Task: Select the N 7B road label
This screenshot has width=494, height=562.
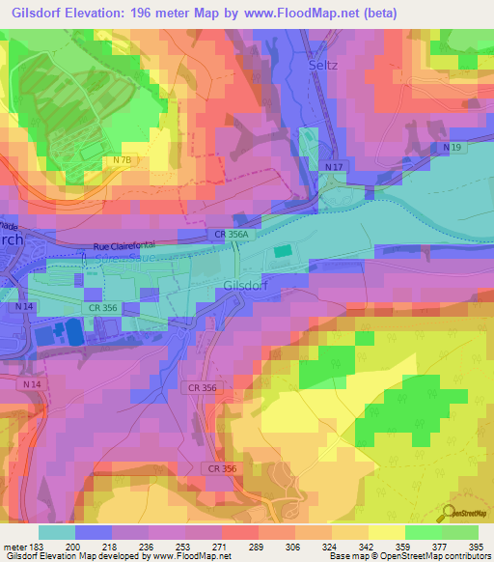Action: coord(123,159)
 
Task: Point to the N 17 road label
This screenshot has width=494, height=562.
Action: coord(335,167)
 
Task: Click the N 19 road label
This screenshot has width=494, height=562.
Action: coord(453,147)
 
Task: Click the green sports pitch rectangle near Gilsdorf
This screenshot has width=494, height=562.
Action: coord(281,251)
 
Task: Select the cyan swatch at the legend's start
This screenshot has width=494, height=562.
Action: coord(57,532)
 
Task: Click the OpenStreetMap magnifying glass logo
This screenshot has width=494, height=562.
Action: coord(449,513)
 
